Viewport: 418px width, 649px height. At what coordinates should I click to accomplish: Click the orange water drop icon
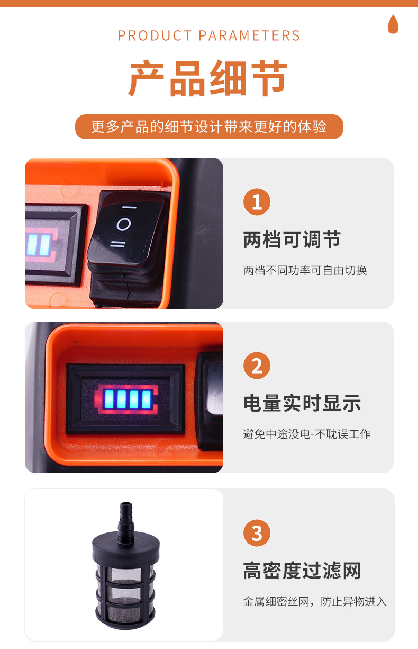pyautogui.click(x=393, y=24)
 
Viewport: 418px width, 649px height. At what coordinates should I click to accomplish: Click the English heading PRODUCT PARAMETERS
pyautogui.click(x=209, y=35)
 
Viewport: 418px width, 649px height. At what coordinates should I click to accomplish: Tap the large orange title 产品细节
pyautogui.click(x=208, y=78)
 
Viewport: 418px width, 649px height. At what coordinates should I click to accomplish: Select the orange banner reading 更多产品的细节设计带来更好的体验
pyautogui.click(x=209, y=127)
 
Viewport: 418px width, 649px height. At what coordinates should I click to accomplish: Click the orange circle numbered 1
pyautogui.click(x=257, y=202)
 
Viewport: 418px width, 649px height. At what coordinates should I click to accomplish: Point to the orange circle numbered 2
pyautogui.click(x=257, y=366)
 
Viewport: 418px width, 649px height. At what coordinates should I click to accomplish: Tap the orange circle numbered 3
pyautogui.click(x=257, y=533)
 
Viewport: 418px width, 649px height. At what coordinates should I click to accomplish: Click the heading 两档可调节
pyautogui.click(x=292, y=239)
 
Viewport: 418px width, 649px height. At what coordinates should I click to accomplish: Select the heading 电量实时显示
pyautogui.click(x=302, y=403)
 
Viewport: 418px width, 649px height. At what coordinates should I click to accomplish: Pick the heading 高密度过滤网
pyautogui.click(x=302, y=571)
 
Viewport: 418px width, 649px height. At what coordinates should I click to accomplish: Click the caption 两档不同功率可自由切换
pyautogui.click(x=305, y=270)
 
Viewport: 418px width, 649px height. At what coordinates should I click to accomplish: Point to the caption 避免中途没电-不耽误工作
pyautogui.click(x=307, y=434)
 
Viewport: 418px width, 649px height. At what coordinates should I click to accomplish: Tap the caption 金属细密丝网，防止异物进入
pyautogui.click(x=315, y=601)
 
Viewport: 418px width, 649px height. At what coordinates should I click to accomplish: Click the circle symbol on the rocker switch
pyautogui.click(x=123, y=224)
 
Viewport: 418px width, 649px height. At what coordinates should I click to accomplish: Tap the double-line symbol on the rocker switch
pyautogui.click(x=118, y=244)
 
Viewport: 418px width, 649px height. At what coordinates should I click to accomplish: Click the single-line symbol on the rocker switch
pyautogui.click(x=129, y=207)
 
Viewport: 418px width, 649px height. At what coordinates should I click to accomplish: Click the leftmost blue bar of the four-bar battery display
pyautogui.click(x=109, y=399)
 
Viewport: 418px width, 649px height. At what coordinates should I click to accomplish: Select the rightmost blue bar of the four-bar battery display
pyautogui.click(x=147, y=400)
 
